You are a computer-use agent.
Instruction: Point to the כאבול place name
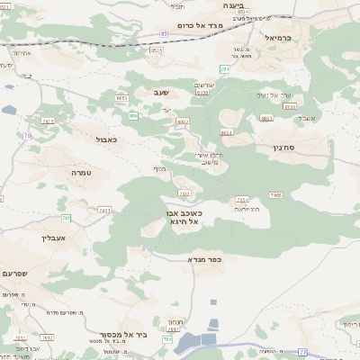point(105,139)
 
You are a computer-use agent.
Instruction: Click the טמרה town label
point(82,171)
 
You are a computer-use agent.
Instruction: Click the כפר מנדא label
point(204,259)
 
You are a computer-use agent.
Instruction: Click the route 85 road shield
point(164,33)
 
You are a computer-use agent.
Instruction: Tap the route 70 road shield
point(28,136)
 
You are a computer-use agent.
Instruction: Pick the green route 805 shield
point(133,115)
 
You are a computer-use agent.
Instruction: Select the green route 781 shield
point(66,218)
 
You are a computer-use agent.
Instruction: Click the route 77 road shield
point(302,352)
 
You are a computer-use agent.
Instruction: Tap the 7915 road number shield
point(48,120)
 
